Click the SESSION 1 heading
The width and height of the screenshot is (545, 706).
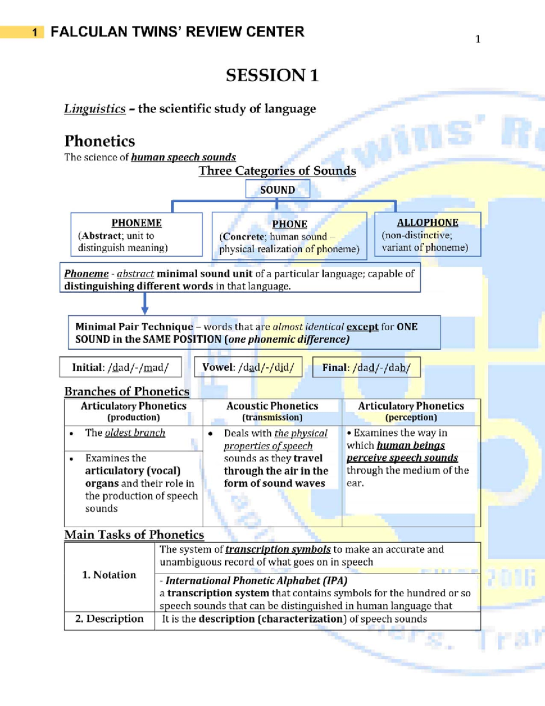(272, 75)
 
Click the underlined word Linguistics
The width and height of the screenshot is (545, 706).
(94, 109)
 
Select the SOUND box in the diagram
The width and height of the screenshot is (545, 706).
(277, 190)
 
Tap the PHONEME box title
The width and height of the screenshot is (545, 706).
(136, 223)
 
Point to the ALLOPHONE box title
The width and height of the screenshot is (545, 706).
(427, 222)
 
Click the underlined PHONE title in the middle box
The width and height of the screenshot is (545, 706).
(290, 224)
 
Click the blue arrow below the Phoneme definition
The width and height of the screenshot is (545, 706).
(145, 304)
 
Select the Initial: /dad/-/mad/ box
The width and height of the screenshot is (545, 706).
(120, 367)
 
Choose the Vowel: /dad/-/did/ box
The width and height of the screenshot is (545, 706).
(248, 367)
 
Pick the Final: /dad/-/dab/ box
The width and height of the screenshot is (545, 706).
(366, 367)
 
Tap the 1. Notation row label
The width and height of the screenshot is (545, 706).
(109, 575)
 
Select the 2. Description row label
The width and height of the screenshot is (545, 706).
(109, 619)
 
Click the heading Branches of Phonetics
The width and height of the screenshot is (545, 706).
(127, 391)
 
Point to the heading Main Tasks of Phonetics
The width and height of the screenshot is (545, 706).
(134, 535)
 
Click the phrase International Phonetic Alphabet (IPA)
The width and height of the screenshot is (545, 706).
(256, 581)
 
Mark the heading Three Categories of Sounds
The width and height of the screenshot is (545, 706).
(277, 170)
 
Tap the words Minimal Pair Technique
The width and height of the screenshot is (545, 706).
(134, 326)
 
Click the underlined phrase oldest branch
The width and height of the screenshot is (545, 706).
(135, 433)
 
